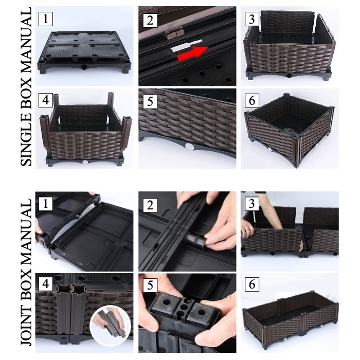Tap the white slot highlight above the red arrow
click(186, 45)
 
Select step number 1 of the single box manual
click(45, 19)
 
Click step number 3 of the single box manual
click(252, 19)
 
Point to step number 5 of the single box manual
click(150, 101)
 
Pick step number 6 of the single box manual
click(252, 100)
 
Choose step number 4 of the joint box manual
click(45, 284)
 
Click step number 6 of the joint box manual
click(252, 284)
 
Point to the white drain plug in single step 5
click(189, 147)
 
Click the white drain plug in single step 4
click(85, 162)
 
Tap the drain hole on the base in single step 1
click(84, 67)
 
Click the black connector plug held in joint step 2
click(196, 240)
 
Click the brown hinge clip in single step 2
click(174, 33)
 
